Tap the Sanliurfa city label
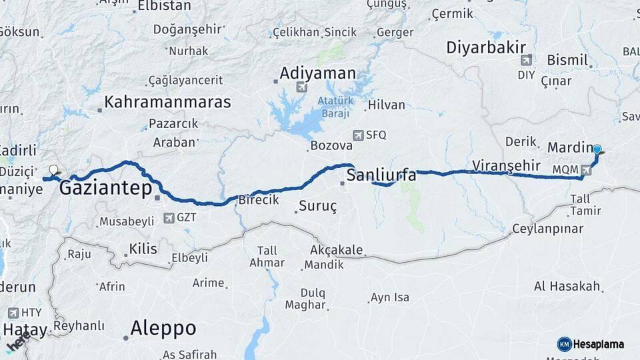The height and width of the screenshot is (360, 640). [381, 176]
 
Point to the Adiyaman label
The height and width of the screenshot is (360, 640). [318, 73]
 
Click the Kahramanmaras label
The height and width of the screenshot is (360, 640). [168, 102]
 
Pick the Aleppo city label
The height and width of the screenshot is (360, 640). [163, 328]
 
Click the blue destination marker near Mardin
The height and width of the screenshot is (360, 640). [597, 151]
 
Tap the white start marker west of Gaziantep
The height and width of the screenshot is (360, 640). [54, 170]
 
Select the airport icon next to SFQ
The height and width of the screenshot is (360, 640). [359, 135]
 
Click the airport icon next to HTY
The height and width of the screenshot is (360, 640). [13, 312]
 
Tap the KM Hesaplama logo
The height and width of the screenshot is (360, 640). [591, 344]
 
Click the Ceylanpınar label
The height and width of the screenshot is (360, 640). [547, 229]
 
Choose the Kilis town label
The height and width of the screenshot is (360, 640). [143, 249]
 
